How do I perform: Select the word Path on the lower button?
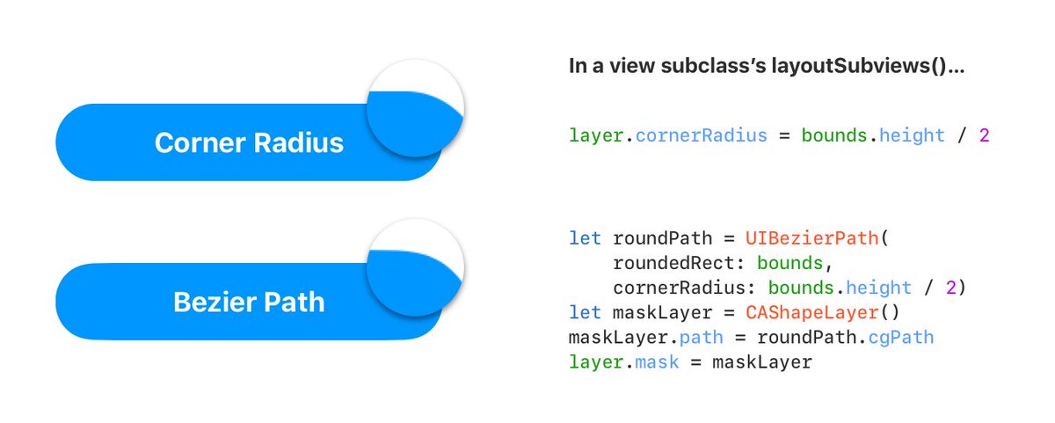point(294,303)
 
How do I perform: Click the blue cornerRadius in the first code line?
point(702,136)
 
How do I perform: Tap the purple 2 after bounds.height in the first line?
point(984,136)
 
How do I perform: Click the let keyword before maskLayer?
point(586,312)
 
